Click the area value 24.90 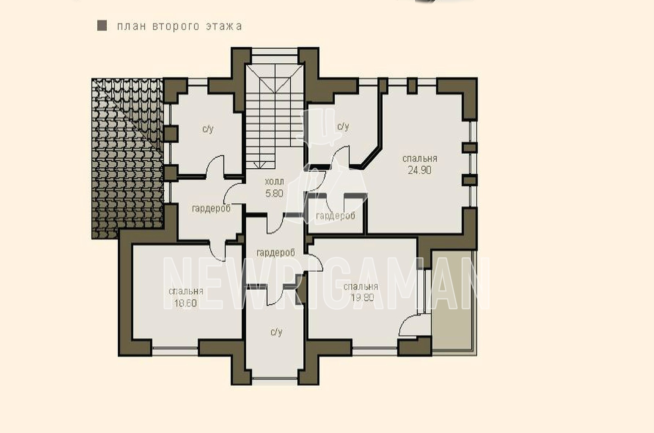[419, 170]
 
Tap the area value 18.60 [186, 304]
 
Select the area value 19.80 [362, 298]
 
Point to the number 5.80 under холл [274, 194]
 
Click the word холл [274, 182]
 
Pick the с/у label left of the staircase [208, 129]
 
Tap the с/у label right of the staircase [343, 126]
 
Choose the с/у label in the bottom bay [276, 332]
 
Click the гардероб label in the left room [211, 208]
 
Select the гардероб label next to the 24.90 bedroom [336, 216]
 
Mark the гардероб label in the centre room [275, 253]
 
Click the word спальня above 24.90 [419, 158]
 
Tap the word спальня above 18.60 [186, 291]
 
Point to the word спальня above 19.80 [361, 286]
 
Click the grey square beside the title [102, 26]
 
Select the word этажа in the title [224, 26]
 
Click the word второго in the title [176, 27]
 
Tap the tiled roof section [127, 158]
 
